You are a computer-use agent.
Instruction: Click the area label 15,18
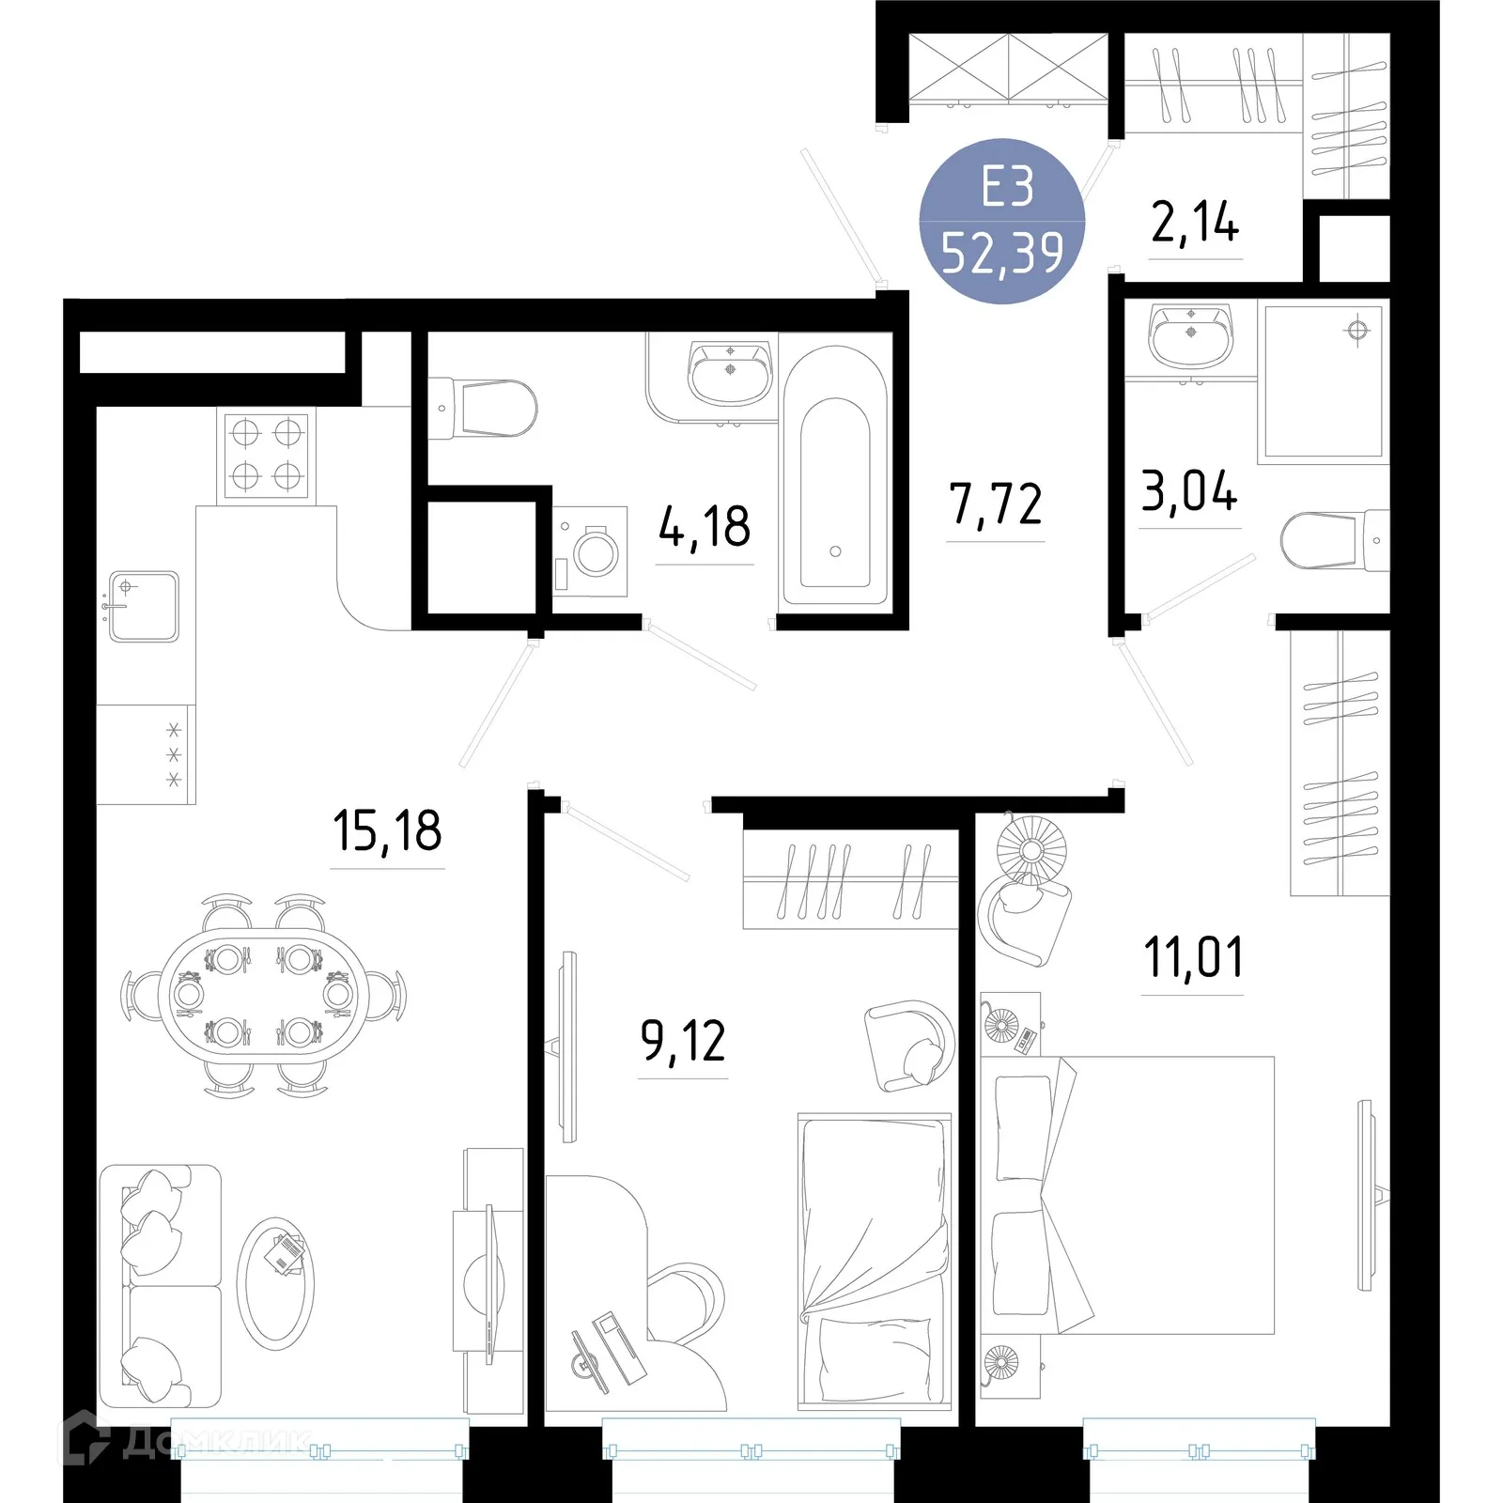pyautogui.click(x=387, y=831)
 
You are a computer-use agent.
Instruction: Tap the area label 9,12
pyautogui.click(x=683, y=1041)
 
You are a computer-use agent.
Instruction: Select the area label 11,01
pyautogui.click(x=1193, y=957)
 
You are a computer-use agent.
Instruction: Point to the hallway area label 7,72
pyautogui.click(x=996, y=504)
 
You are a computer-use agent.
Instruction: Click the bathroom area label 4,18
pyautogui.click(x=705, y=526)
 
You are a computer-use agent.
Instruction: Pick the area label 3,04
pyautogui.click(x=1189, y=491)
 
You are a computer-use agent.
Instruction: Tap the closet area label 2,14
pyautogui.click(x=1195, y=223)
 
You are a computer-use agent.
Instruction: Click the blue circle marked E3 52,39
pyautogui.click(x=1002, y=221)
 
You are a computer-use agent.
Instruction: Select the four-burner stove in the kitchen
pyautogui.click(x=267, y=455)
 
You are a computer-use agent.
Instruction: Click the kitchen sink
pyautogui.click(x=144, y=607)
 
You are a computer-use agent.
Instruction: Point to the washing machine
pyautogui.click(x=590, y=551)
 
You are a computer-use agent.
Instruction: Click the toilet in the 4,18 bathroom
pyautogui.click(x=483, y=409)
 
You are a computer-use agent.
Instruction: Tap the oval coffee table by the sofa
pyautogui.click(x=275, y=1283)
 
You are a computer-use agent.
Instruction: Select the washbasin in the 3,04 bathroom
pyautogui.click(x=1191, y=335)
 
